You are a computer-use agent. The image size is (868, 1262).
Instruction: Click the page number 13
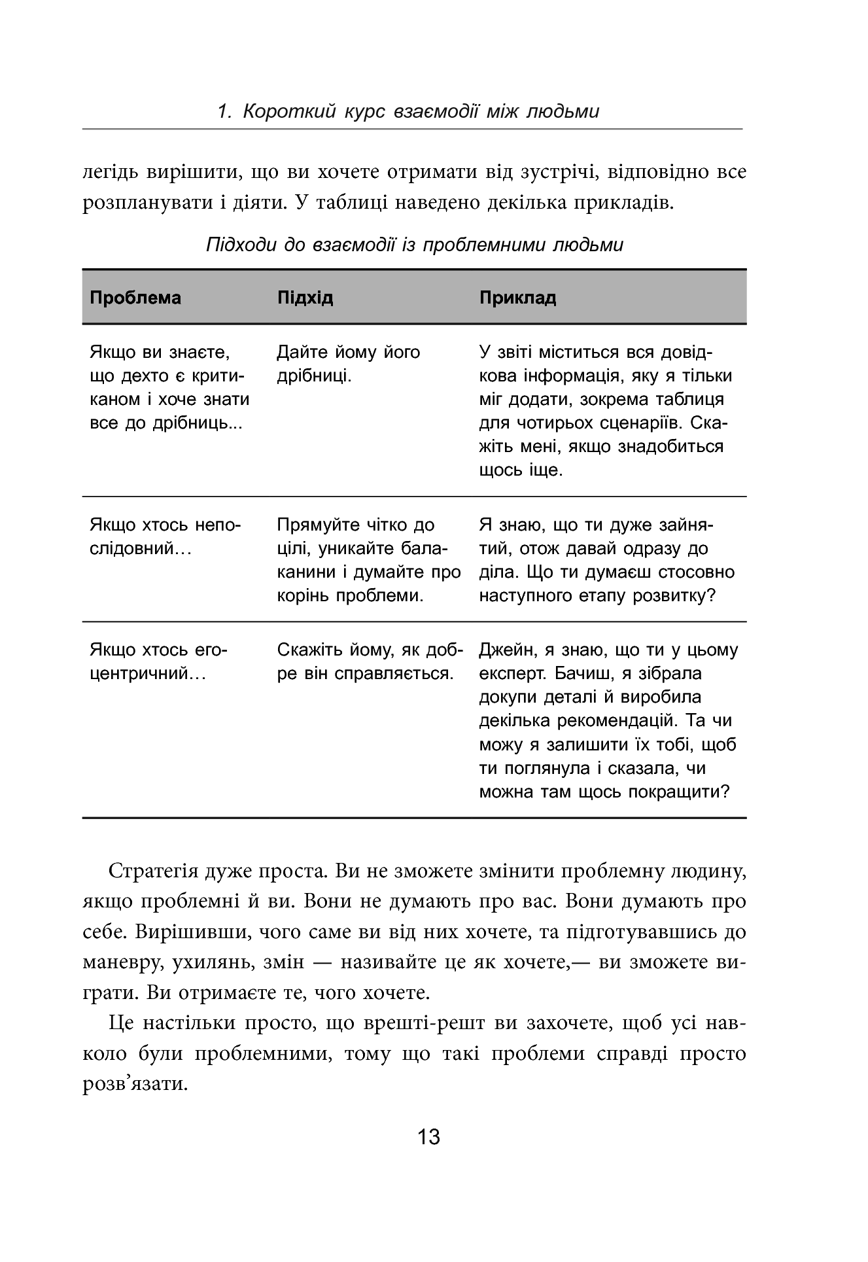[x=429, y=1136]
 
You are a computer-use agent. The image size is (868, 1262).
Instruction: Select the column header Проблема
[x=135, y=298]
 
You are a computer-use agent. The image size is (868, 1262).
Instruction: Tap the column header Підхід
[x=305, y=298]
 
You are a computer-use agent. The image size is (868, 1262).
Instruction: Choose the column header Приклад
[x=517, y=298]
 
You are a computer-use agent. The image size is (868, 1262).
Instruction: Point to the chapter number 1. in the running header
[x=225, y=112]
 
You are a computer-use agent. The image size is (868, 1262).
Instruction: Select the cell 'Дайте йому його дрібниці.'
[x=348, y=364]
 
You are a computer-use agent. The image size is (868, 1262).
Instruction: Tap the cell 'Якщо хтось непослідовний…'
[x=165, y=536]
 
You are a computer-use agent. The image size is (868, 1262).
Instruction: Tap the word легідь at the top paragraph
[x=109, y=172]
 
